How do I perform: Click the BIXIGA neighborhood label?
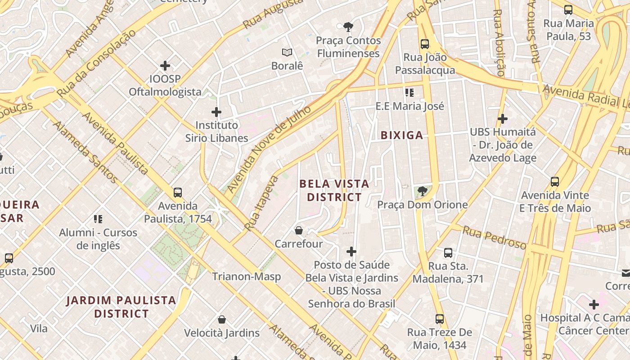[402, 135]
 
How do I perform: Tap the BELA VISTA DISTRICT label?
[334, 190]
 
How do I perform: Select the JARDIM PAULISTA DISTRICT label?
[121, 307]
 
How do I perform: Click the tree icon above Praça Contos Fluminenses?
[348, 27]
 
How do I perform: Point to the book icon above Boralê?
[287, 53]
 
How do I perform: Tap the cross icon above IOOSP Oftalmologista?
[165, 66]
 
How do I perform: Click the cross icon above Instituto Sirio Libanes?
[216, 112]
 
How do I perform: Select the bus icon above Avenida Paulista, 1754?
[178, 193]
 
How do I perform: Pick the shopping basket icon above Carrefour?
[298, 231]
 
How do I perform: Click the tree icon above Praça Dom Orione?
[422, 192]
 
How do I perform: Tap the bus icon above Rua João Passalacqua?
[425, 44]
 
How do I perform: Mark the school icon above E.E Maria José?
[409, 93]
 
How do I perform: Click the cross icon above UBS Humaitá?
[503, 119]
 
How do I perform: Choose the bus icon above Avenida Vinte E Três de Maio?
[555, 182]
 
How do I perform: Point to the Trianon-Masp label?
[247, 276]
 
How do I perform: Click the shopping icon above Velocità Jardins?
[222, 320]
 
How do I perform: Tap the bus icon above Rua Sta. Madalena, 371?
[448, 253]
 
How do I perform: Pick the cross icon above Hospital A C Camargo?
[594, 305]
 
